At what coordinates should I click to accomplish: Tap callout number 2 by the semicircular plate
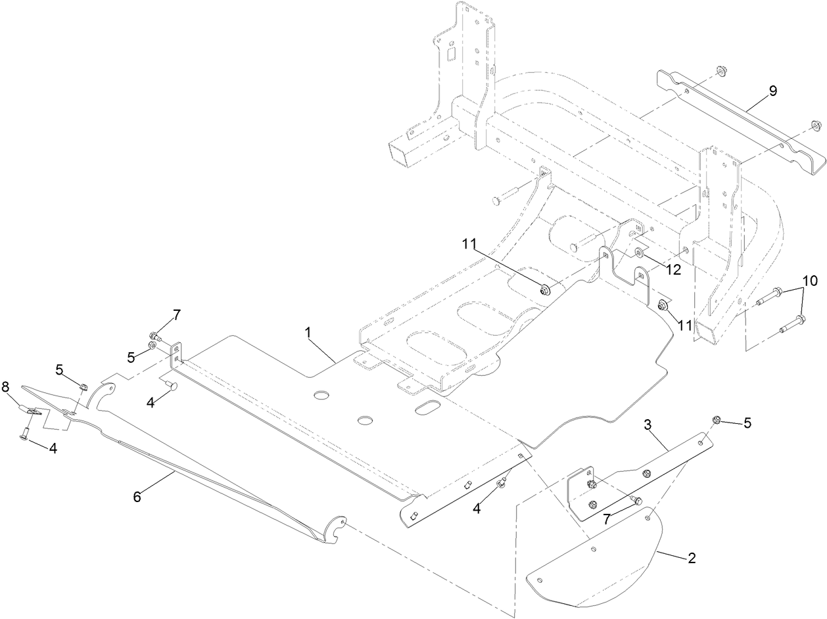pos(691,559)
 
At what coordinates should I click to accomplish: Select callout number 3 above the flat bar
pos(648,424)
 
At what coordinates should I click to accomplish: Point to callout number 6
pos(137,497)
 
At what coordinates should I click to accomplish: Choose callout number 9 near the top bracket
pos(773,91)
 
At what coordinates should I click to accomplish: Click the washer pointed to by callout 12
pos(638,253)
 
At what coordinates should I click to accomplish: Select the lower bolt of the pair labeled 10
pos(793,323)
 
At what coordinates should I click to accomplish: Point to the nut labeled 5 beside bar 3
pos(718,421)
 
